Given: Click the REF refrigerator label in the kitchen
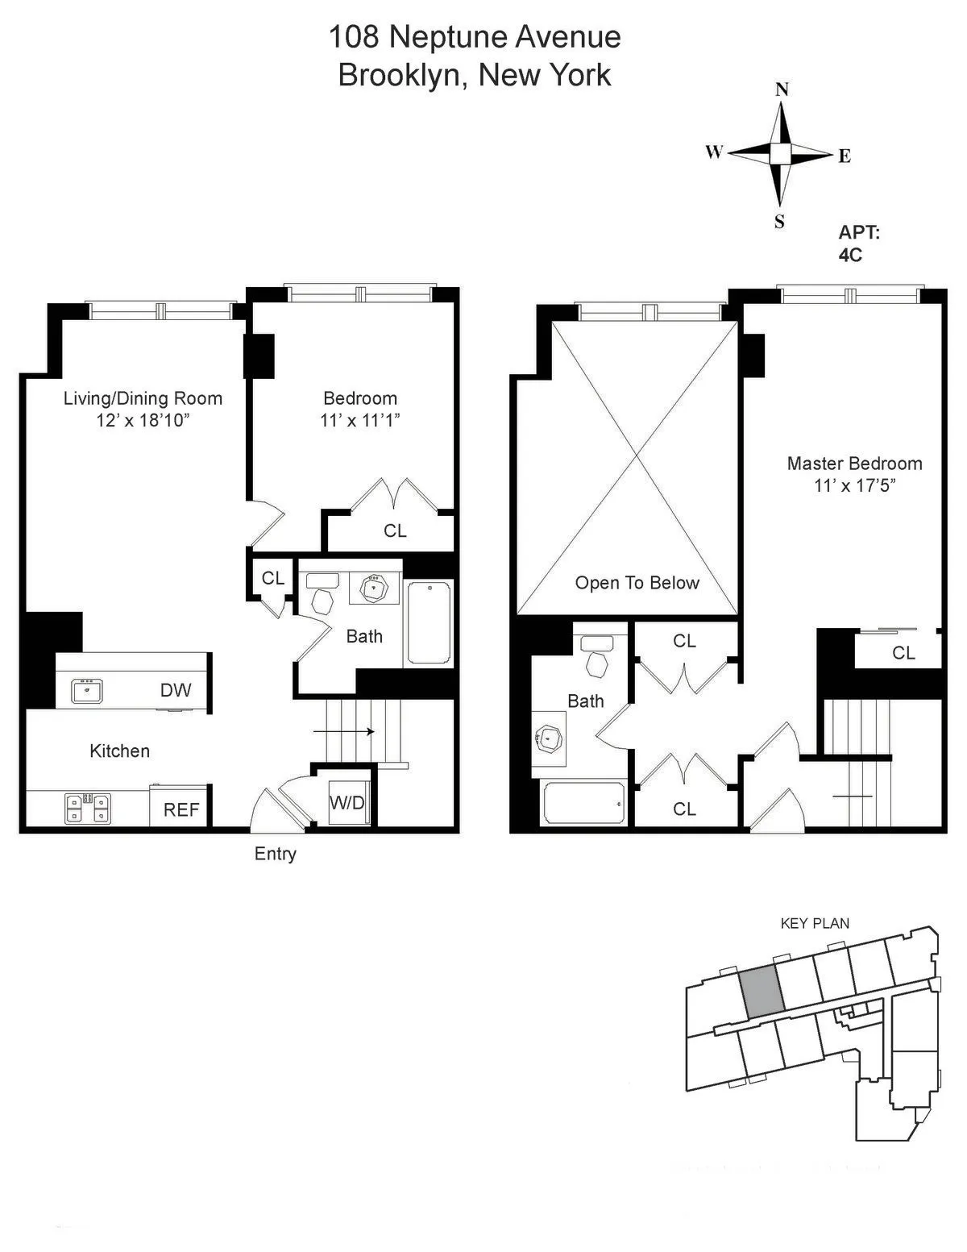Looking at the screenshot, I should tap(181, 809).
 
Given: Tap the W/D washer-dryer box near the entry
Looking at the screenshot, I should tap(347, 803).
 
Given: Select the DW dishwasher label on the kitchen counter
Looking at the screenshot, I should tap(176, 689).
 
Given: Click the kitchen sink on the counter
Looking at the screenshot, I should tap(86, 691).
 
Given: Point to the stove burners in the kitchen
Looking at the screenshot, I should tap(88, 808).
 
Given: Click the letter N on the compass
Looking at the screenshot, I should tap(781, 89).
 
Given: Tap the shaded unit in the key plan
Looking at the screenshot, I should tap(762, 991).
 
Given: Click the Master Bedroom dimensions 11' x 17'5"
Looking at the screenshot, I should tap(855, 485).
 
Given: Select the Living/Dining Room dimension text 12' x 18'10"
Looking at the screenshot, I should tap(143, 420).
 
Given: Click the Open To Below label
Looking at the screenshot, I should tap(637, 583).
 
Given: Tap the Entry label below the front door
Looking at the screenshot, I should tap(276, 854).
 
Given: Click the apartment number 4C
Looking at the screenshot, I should tap(850, 255).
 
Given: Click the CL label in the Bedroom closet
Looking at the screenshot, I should tap(395, 530).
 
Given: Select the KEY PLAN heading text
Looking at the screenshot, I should tap(815, 924).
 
